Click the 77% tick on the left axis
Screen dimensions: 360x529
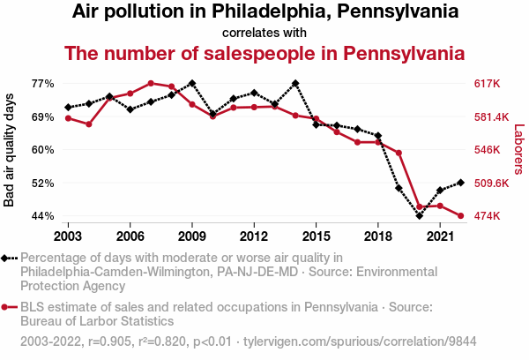[43, 84]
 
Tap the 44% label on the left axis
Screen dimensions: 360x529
[43, 216]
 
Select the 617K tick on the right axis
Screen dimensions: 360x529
[488, 84]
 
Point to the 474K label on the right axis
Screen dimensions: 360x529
[488, 216]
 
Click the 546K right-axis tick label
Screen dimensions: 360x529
[488, 150]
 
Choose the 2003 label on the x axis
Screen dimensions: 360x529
[68, 236]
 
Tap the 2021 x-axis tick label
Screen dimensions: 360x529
[440, 236]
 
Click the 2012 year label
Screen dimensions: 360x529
[254, 236]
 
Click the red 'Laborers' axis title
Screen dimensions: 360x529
[518, 150]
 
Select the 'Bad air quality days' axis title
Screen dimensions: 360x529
[10, 150]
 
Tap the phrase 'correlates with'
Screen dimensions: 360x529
[264, 33]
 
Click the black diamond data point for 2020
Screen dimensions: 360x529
[420, 215]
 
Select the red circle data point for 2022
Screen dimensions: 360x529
[461, 215]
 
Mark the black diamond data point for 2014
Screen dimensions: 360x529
[295, 83]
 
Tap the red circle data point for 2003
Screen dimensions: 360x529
[68, 118]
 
